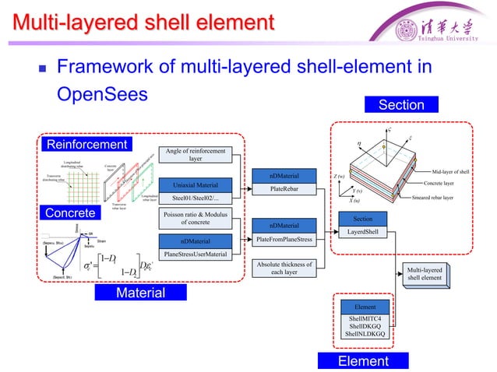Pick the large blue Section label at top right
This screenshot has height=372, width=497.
400,104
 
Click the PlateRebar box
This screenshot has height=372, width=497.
282,188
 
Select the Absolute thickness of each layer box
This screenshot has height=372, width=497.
282,268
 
